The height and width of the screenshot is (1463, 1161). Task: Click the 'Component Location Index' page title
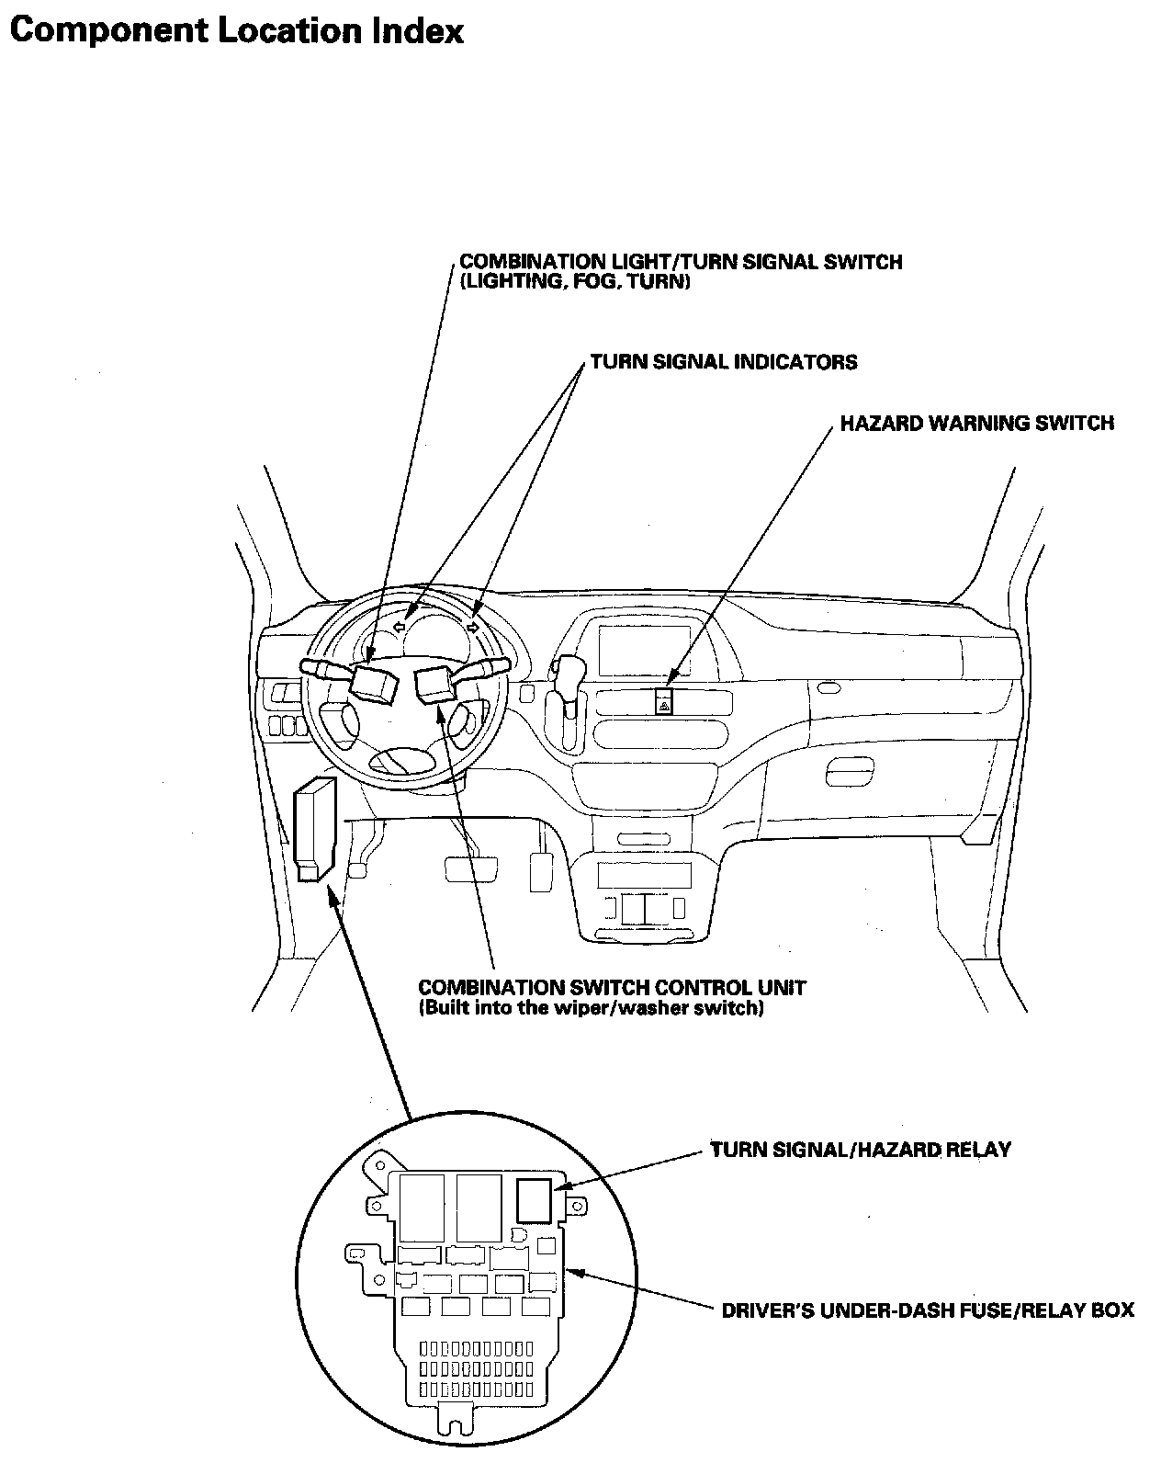pos(236,31)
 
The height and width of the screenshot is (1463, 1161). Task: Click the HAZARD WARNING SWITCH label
pos(976,424)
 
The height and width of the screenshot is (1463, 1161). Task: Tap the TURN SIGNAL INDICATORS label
pos(723,362)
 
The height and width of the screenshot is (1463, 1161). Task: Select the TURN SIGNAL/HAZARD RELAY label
pos(860,1150)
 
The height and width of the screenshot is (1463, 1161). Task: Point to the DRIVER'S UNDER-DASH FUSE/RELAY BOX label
pos(927,1310)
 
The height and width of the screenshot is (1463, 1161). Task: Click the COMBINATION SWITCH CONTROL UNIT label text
pos(612,988)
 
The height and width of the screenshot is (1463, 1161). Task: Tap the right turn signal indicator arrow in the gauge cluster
pos(472,627)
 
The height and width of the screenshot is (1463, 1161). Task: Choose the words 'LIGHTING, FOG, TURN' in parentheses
pos(574,282)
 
